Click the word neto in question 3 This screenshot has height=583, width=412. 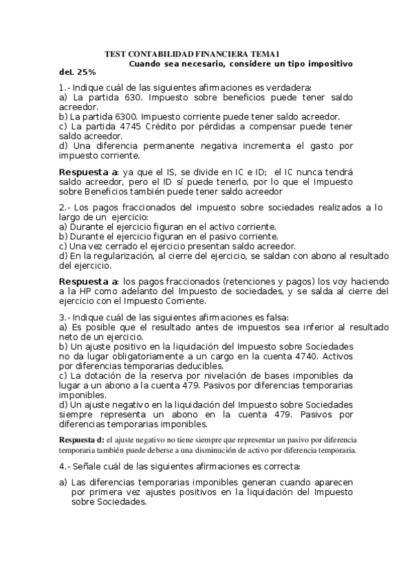[x=69, y=337]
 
